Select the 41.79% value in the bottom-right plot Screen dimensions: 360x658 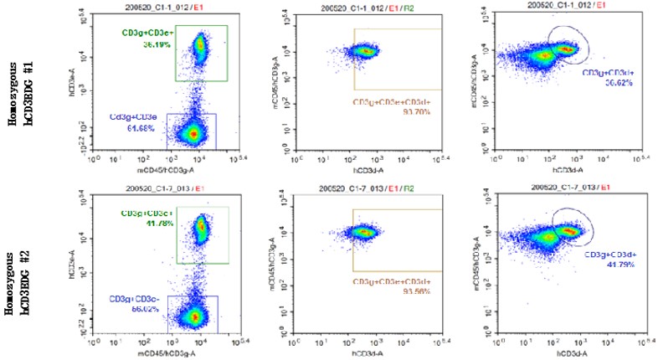tap(615, 263)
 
